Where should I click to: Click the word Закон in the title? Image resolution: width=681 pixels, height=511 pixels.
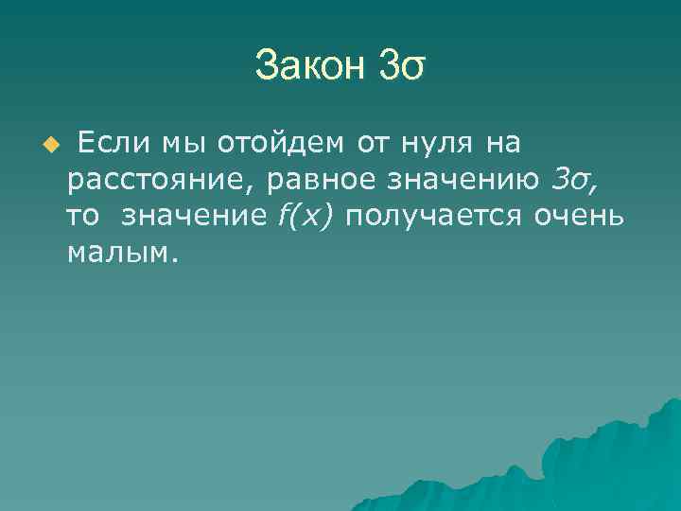(x=310, y=65)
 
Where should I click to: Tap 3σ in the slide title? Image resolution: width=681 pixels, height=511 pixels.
(x=403, y=65)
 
